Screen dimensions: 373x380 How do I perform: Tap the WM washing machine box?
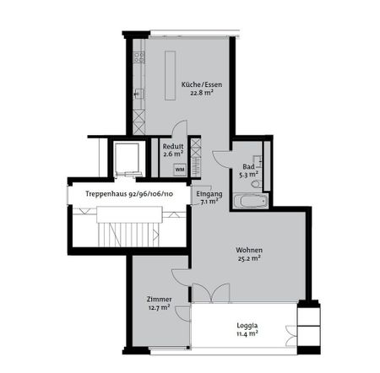(179, 169)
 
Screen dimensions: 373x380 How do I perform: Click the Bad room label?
(248, 166)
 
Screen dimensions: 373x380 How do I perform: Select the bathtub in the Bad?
(251, 201)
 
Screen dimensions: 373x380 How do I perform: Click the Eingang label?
(209, 194)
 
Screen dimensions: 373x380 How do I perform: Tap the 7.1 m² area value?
(209, 203)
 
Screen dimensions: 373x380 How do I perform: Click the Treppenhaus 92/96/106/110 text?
(129, 193)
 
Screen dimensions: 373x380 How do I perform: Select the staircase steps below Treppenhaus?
(128, 230)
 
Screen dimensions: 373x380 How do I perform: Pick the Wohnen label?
(248, 251)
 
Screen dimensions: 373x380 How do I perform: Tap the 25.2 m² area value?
(248, 259)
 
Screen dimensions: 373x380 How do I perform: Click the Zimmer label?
(159, 299)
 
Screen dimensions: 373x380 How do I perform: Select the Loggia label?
(247, 325)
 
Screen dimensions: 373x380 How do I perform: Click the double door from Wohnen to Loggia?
(209, 293)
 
